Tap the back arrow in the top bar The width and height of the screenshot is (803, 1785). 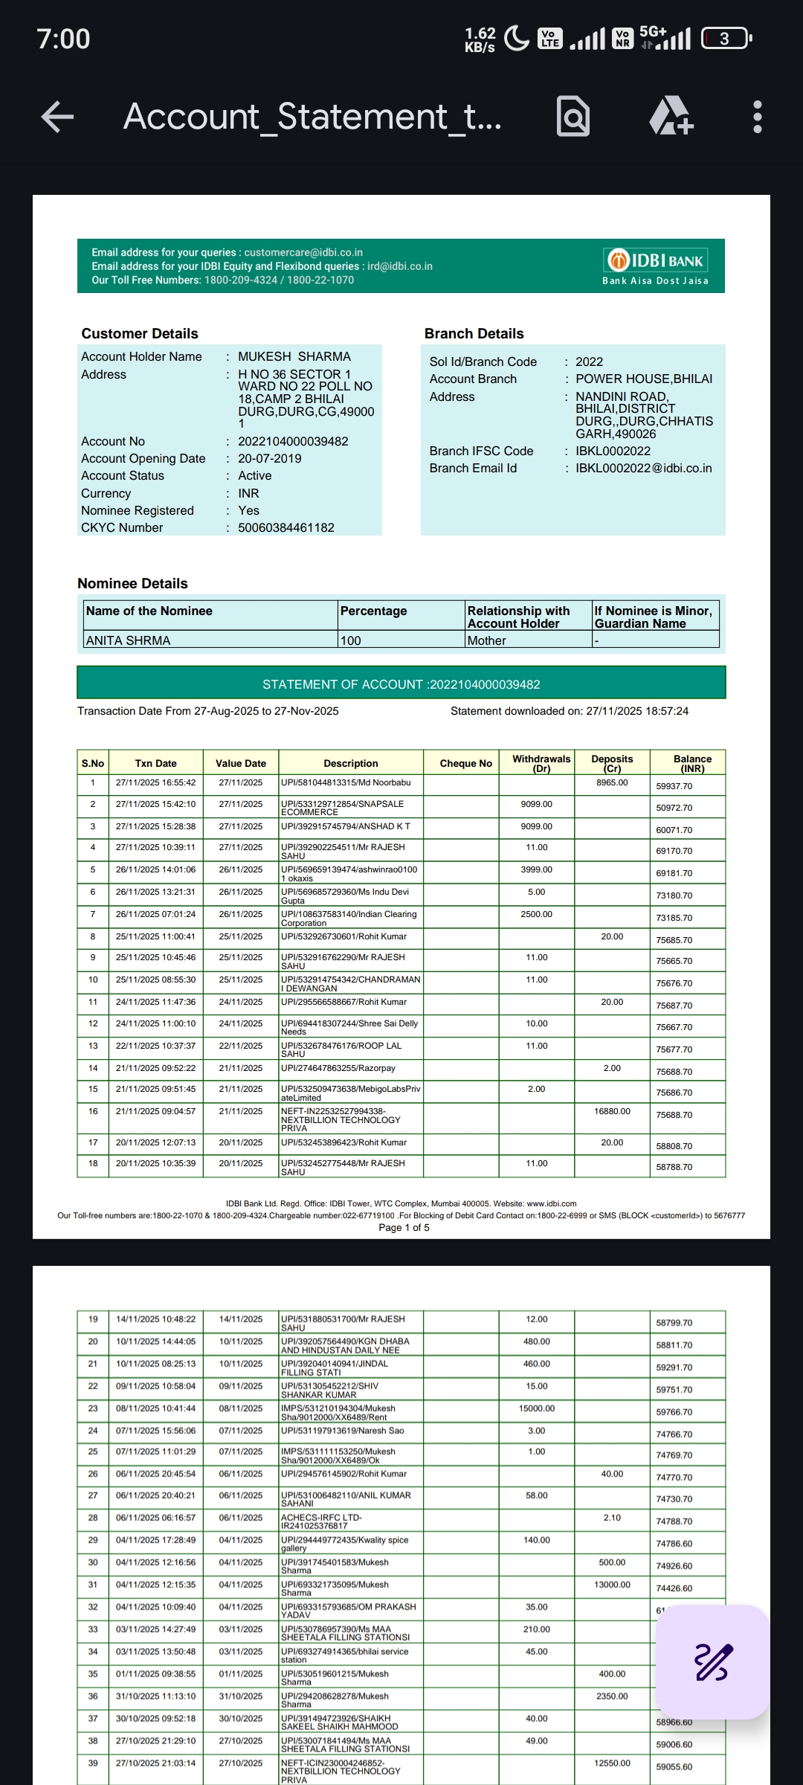[x=58, y=117]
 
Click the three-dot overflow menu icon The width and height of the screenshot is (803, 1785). [x=757, y=117]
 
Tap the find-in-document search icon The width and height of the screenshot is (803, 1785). [x=573, y=117]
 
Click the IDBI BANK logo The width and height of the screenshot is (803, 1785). [x=655, y=261]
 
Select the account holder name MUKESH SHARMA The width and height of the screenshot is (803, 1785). [x=294, y=357]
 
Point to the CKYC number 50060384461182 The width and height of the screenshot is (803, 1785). [x=286, y=528]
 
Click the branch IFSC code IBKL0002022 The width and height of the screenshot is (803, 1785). [x=613, y=451]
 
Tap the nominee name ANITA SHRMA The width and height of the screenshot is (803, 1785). [x=128, y=640]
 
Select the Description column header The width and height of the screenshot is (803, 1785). [x=350, y=763]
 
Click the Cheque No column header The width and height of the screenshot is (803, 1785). [x=465, y=763]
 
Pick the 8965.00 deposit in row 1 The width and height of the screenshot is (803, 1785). [x=612, y=782]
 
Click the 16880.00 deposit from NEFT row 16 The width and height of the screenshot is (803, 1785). [x=612, y=1111]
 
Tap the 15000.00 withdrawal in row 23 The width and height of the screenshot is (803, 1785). [x=536, y=1409]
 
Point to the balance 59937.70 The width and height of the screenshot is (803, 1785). [x=674, y=786]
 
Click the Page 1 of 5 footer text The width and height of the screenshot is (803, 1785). [x=404, y=1227]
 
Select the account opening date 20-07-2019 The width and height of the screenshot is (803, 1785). [x=270, y=459]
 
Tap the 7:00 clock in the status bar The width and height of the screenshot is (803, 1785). [x=63, y=39]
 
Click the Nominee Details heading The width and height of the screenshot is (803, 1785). [x=132, y=584]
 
